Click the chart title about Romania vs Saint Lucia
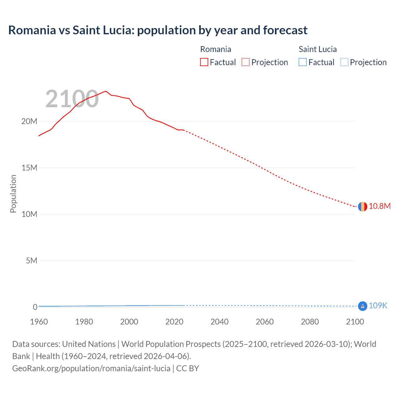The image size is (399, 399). pos(158,30)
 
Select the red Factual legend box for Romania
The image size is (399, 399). pos(204,62)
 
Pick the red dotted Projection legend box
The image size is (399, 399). pos(246,62)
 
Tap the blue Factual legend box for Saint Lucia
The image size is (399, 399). pos(303,62)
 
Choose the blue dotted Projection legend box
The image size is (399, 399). pos(344,62)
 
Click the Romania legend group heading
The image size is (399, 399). pos(215,49)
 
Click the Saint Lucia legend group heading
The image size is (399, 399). pos(318,49)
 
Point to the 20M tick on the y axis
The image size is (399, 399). pos(29,121)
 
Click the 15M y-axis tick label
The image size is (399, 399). pos(29,168)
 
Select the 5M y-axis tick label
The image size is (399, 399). pos(31,261)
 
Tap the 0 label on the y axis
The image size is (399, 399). pos(35,307)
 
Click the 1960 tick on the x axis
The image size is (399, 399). pos(39,322)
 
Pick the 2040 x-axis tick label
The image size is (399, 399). pos(219,322)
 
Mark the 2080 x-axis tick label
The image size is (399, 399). pos(310,322)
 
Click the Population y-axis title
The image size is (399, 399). pos(13,194)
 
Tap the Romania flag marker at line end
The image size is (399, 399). pos(363,206)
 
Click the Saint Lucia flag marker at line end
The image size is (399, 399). pos(363,306)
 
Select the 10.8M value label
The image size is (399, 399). pos(379,206)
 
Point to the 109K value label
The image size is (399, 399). pos(378,306)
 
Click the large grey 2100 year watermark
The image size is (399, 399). pos(72,99)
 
